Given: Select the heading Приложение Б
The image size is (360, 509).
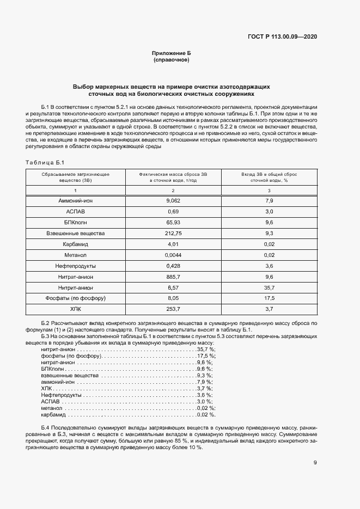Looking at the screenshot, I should tap(172, 53).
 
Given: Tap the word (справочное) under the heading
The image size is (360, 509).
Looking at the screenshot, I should tap(172, 60).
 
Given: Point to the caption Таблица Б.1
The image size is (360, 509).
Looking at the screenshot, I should tap(45, 162).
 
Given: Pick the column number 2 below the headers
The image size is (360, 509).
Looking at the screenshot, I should tap(173, 191).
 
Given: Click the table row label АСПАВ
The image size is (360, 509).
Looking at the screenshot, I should tap(76, 211).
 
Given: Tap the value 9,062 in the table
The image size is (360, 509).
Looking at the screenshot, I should tap(173, 201).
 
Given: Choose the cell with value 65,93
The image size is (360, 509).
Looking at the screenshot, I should tap(173, 222).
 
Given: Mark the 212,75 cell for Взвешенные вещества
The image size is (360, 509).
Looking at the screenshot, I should tap(173, 233).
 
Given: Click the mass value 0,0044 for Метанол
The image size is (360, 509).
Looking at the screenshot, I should tap(173, 255).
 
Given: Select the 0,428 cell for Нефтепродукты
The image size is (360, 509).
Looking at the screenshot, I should tap(173, 266).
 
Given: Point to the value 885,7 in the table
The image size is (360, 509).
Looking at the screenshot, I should tap(173, 277).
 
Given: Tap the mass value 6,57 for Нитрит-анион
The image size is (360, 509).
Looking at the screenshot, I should tap(173, 287).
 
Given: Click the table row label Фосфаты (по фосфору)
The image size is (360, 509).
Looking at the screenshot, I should tap(76, 298).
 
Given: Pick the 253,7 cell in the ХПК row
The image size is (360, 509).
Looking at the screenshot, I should tap(173, 309).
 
